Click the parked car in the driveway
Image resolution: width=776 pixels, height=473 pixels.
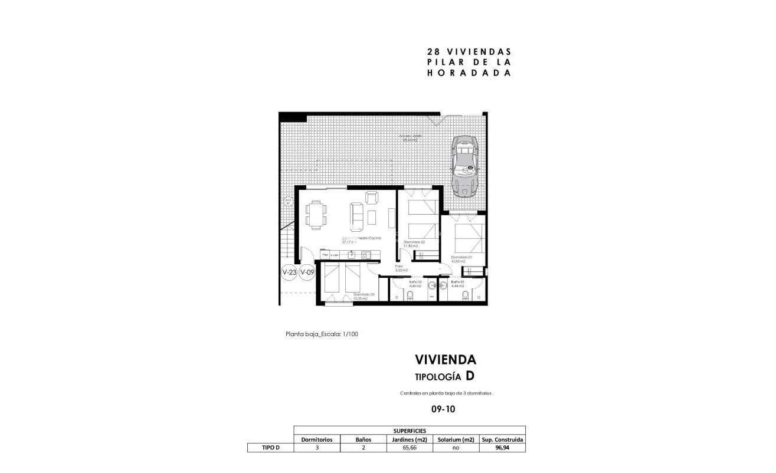tap(464, 167)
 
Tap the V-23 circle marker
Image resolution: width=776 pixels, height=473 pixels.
tap(289, 272)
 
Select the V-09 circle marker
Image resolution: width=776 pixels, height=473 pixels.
tap(307, 272)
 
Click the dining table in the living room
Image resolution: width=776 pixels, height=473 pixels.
tap(316, 213)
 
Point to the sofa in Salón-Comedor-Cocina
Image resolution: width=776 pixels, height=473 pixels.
tap(358, 216)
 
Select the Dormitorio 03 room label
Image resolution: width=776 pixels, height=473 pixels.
tap(364, 297)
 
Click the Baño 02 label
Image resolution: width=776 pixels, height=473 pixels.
tap(415, 284)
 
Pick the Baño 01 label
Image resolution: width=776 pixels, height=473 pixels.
tap(457, 284)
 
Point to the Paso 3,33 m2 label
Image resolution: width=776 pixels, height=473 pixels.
tap(401, 268)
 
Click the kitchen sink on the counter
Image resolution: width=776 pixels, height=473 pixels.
tap(350, 255)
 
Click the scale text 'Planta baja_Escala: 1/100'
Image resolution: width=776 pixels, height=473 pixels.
tap(322, 334)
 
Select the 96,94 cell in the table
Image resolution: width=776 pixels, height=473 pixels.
tap(503, 448)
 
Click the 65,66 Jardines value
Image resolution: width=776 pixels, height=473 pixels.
tap(409, 448)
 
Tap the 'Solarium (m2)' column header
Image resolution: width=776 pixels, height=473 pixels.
tap(456, 439)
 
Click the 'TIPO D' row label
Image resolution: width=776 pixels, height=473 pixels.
tap(270, 448)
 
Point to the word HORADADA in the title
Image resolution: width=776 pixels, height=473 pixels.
tap(468, 73)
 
